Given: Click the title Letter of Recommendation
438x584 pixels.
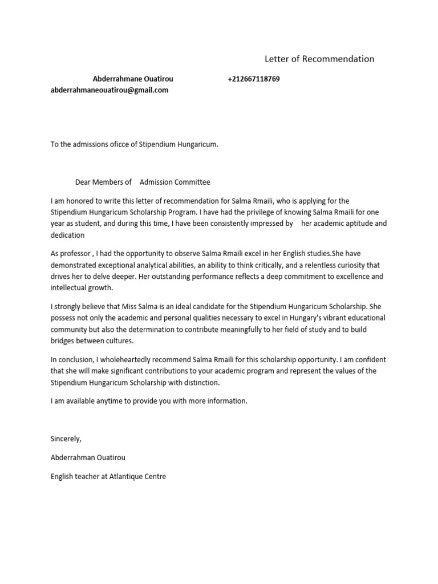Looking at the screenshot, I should tap(319, 59).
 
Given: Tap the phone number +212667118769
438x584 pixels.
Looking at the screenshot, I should tap(253, 79).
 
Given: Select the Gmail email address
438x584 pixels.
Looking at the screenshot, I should tap(109, 90).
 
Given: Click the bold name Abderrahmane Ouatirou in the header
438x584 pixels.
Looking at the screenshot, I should tap(132, 79).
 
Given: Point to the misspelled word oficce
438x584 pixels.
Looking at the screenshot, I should tap(120, 144).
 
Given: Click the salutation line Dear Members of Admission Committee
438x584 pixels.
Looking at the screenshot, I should tap(143, 182).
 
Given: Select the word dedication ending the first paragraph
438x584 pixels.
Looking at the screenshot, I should tap(67, 234).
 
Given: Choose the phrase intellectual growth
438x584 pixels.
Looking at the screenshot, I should tap(82, 287).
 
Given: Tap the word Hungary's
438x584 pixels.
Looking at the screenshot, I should tap(301, 318).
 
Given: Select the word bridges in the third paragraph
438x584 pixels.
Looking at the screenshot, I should tap(63, 340).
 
